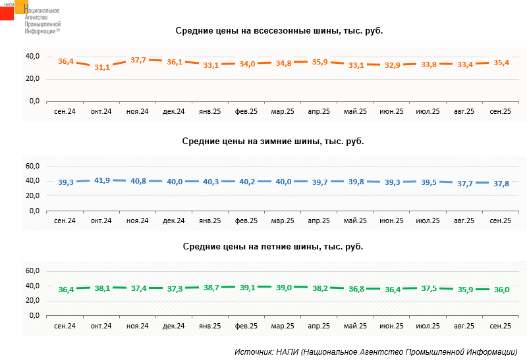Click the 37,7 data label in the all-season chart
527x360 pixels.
coord(138,60)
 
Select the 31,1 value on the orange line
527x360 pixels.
coord(102,67)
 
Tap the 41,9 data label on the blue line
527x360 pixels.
coord(102,180)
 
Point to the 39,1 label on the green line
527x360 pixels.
coord(247,287)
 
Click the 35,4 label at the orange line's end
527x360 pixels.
coord(501,63)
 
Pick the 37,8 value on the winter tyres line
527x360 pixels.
coord(501,184)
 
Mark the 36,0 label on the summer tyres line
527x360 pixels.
coord(501,290)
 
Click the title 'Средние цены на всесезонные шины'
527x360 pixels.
coord(279,31)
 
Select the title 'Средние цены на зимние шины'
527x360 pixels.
coord(273,141)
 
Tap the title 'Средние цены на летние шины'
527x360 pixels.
coord(273,246)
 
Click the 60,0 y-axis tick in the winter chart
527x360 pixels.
coord(32,166)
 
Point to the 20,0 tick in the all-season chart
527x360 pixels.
coord(32,78)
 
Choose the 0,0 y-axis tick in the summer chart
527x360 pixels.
coord(34,316)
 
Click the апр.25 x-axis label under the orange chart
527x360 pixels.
coord(319,111)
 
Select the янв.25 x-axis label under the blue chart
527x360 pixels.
coord(210,220)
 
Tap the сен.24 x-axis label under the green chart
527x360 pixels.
coord(65,326)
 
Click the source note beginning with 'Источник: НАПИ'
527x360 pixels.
coord(375,351)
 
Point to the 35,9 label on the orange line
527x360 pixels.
coord(319,62)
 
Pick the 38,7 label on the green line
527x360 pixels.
coord(211,288)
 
